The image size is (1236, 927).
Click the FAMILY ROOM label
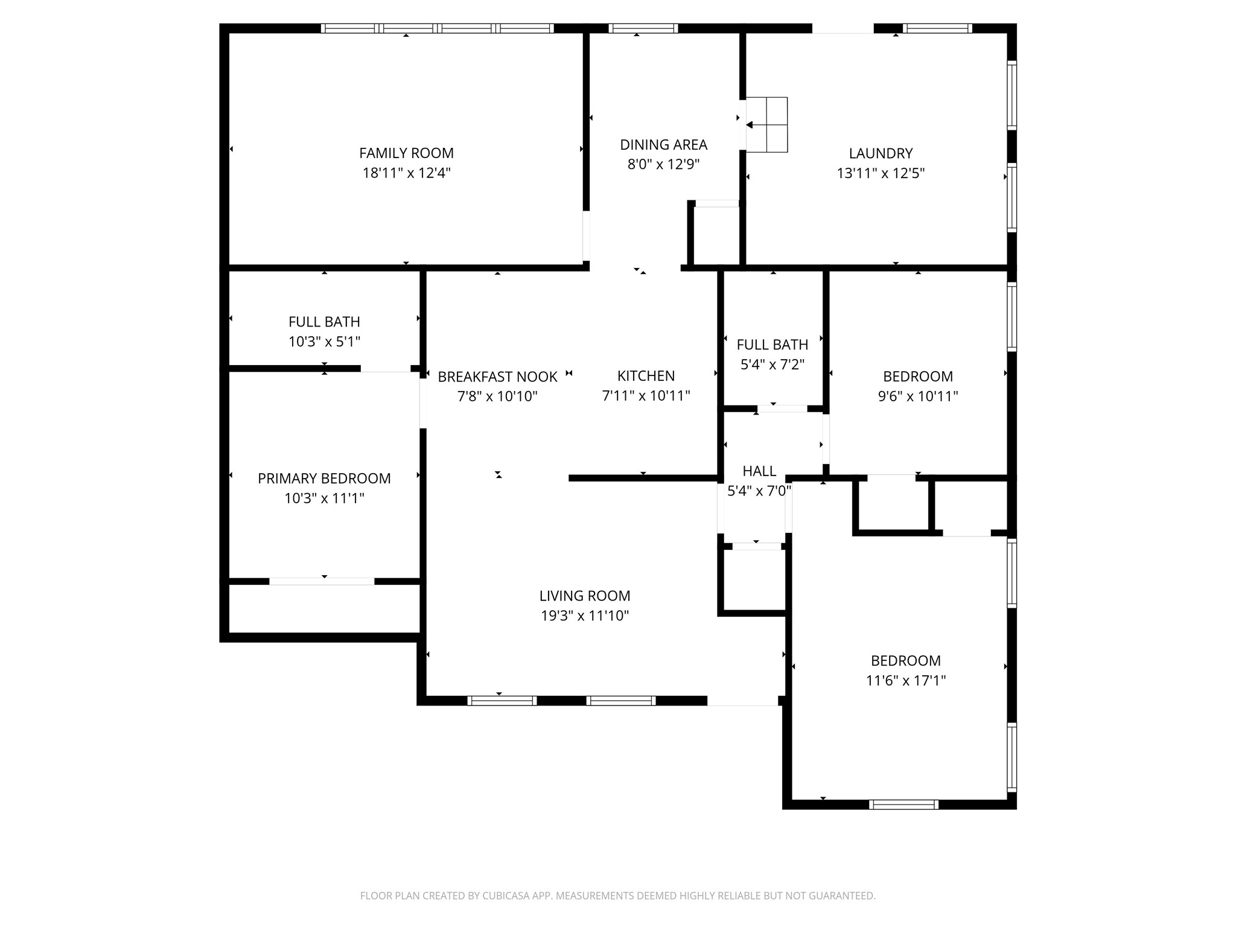click(x=406, y=153)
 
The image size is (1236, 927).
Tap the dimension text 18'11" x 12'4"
click(x=406, y=173)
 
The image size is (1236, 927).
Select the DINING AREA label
click(x=663, y=145)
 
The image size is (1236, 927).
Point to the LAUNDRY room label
click(x=881, y=153)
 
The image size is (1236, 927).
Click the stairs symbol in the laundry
click(x=766, y=124)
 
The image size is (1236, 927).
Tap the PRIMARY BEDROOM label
click(x=324, y=479)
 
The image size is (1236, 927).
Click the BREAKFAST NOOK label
click(x=497, y=377)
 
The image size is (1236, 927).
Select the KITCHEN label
click(x=646, y=376)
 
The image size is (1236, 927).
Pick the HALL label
click(x=759, y=471)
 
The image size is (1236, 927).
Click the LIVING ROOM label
click(x=585, y=596)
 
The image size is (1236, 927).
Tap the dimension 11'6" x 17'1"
click(x=905, y=681)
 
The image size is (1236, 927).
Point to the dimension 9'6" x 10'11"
click(x=917, y=397)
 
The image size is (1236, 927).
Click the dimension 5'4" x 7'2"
click(x=772, y=365)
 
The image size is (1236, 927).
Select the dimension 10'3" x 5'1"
click(x=324, y=342)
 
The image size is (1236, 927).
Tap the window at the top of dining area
click(x=643, y=28)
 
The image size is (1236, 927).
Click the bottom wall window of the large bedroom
click(x=903, y=804)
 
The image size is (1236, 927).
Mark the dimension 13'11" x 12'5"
click(x=881, y=173)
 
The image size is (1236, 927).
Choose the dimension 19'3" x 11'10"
click(x=585, y=616)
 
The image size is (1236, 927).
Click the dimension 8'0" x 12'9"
click(x=663, y=165)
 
